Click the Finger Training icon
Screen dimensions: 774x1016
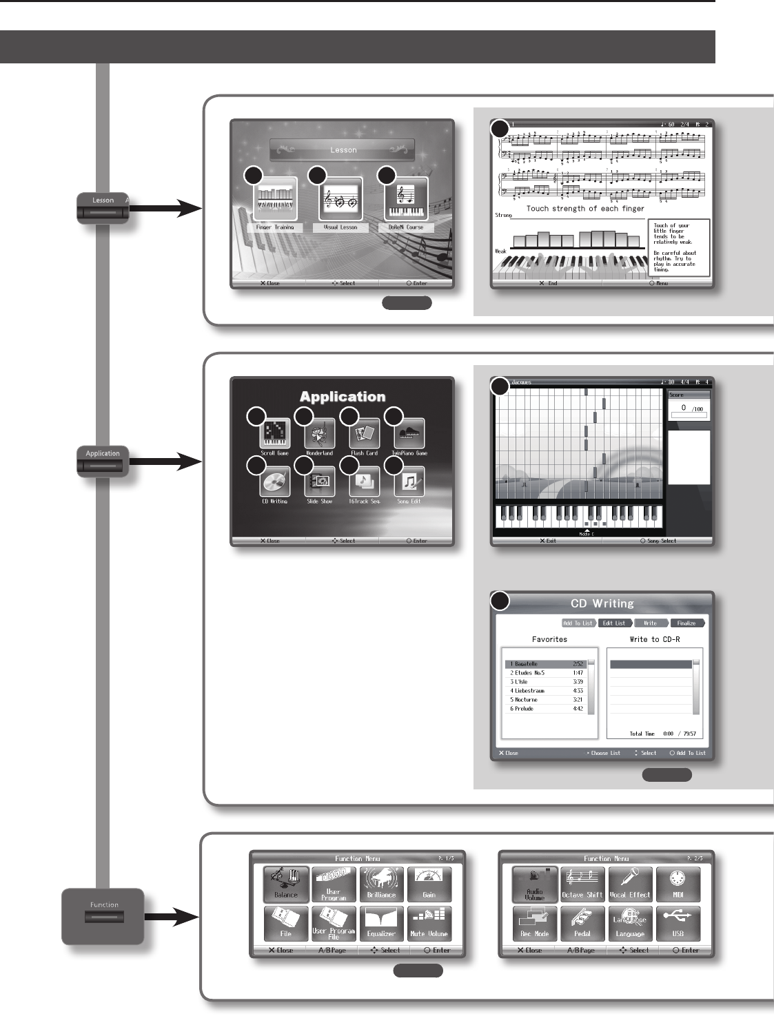[275, 200]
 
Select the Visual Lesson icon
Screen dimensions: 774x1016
[340, 200]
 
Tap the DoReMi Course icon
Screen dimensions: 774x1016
[406, 200]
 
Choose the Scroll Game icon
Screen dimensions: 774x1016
[275, 434]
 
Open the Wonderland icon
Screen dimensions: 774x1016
[320, 434]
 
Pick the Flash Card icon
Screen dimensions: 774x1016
[365, 434]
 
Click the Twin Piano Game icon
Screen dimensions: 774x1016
[409, 434]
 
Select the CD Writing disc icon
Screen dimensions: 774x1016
[275, 482]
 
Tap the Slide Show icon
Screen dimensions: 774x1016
[320, 482]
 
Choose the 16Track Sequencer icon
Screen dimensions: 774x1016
[365, 482]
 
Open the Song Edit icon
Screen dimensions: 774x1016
[409, 482]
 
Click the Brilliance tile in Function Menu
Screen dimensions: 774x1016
[381, 884]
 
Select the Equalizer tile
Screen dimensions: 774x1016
[381, 923]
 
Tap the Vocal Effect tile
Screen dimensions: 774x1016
[630, 884]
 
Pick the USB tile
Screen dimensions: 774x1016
[678, 923]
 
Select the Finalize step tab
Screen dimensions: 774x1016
[686, 623]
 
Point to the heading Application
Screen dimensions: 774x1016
[343, 397]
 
